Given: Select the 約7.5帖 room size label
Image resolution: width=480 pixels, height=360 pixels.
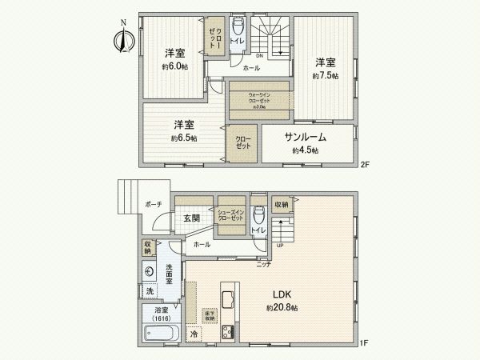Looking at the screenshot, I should [324, 75].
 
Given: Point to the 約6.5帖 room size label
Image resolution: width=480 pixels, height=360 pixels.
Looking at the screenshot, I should [184, 138].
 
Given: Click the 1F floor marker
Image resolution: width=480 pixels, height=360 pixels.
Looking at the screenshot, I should [364, 343].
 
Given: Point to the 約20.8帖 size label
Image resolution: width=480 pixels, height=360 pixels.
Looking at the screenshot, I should [282, 307].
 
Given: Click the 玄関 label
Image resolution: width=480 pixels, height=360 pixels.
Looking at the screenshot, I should [191, 218].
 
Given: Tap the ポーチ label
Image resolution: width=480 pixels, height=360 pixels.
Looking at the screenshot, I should [154, 205].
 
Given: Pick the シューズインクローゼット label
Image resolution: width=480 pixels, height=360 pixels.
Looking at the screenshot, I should [232, 215].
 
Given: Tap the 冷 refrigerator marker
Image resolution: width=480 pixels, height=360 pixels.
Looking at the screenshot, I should [194, 333].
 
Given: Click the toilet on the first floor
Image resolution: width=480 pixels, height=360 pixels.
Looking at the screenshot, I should [258, 216].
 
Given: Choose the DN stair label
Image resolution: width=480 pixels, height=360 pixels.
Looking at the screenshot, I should [259, 56].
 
